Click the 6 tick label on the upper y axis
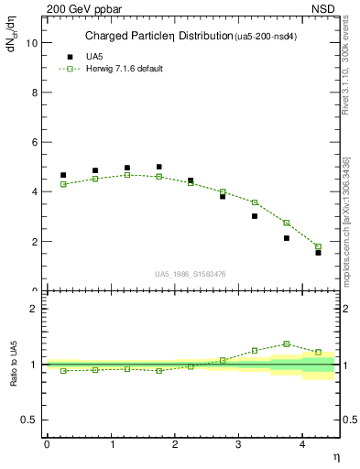coord(36,143)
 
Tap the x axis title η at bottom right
coord(335,456)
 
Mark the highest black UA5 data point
coord(158,167)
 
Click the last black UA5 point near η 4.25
coord(318,252)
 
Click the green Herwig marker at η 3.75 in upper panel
coord(286,223)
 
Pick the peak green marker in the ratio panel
coord(286,344)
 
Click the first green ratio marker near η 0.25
coord(63,370)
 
